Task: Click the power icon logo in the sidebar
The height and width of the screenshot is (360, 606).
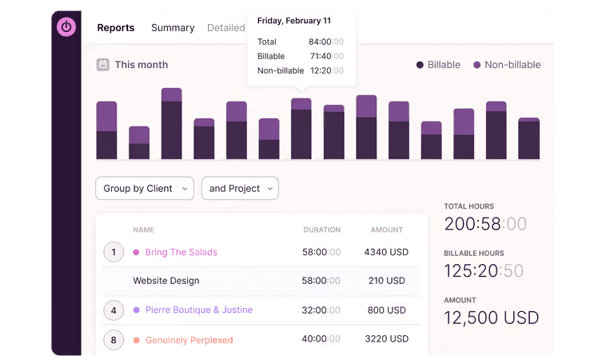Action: [66, 26]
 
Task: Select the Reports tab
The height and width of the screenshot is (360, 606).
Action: [116, 27]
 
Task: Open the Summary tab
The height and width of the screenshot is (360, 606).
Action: [173, 27]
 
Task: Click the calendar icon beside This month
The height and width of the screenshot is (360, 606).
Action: [103, 65]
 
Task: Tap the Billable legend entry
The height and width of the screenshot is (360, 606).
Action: [439, 65]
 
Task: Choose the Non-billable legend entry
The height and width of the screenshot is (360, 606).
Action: [506, 65]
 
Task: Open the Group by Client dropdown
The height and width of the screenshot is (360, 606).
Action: [144, 188]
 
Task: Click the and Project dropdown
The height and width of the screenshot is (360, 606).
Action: [240, 188]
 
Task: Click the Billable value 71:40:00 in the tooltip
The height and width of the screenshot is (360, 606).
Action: [326, 56]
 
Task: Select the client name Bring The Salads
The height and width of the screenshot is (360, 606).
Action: [181, 252]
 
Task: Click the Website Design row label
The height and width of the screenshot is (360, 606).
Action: [165, 281]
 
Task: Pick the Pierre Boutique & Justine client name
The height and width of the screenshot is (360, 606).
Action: [198, 310]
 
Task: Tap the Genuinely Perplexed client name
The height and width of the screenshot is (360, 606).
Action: [189, 340]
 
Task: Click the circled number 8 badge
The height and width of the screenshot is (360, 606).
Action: [114, 340]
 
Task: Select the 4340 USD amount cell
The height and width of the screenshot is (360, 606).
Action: [386, 252]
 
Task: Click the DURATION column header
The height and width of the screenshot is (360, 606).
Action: [321, 230]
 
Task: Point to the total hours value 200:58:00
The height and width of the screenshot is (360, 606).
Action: [484, 224]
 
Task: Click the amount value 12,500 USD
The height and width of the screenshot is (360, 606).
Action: [492, 318]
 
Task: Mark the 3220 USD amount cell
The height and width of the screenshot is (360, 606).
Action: [386, 339]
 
